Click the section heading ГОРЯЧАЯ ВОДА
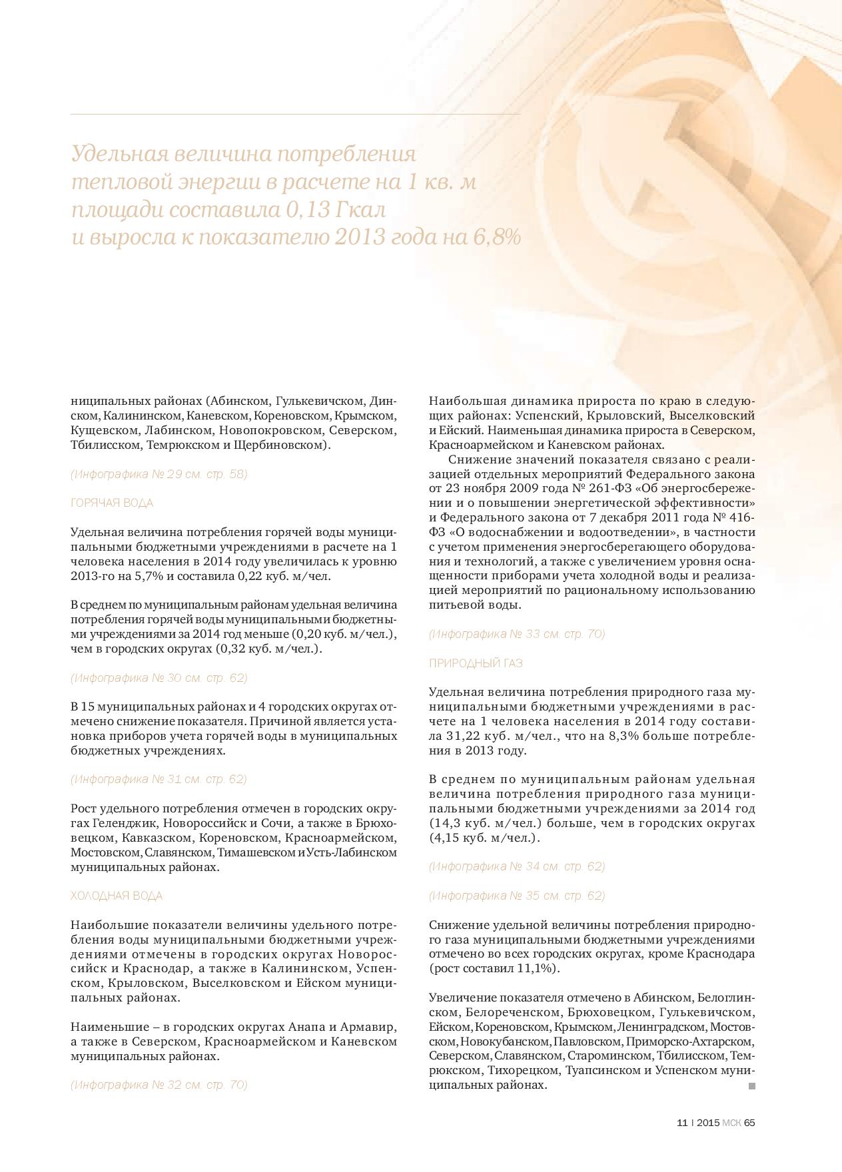[x=112, y=503]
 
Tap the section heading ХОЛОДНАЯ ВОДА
[x=117, y=896]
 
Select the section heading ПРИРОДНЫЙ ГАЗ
[x=476, y=663]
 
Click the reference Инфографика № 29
[x=159, y=474]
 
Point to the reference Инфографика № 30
[x=159, y=678]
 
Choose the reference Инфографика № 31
[x=159, y=779]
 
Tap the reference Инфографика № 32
[x=159, y=1085]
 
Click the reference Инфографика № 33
[x=517, y=634]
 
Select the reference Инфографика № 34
[x=517, y=866]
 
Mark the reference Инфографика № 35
[x=517, y=896]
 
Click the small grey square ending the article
[x=752, y=1086]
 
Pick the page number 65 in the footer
[x=749, y=1123]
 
